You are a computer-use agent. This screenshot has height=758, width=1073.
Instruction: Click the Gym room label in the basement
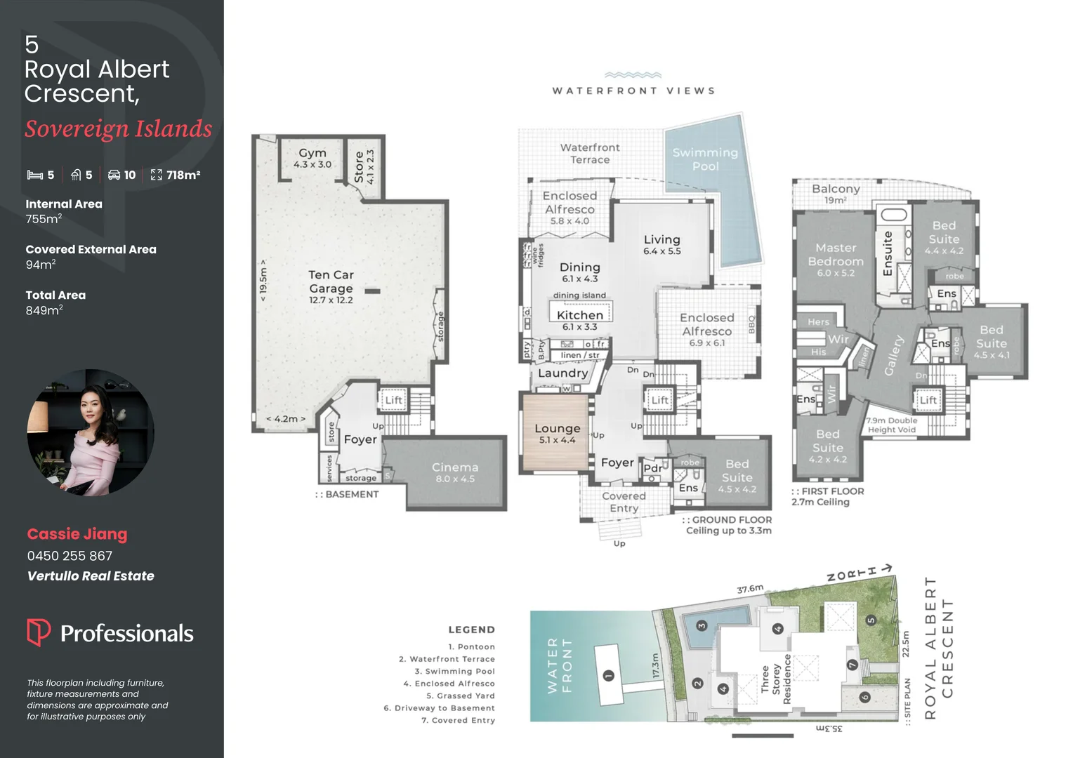coord(312,153)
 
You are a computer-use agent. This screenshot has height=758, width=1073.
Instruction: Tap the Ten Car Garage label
coord(331,281)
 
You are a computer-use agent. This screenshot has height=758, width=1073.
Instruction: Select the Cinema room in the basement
coord(455,472)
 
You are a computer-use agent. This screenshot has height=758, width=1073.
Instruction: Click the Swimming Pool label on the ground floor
coord(705,159)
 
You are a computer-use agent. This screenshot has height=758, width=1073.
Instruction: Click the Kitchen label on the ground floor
coord(580,315)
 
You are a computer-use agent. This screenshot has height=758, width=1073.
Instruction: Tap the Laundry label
coord(562,373)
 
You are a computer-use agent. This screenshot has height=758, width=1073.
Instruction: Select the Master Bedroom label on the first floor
coord(836,255)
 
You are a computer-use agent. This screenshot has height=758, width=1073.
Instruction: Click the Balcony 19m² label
coord(836,193)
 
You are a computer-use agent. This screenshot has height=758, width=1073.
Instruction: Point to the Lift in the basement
coord(393,400)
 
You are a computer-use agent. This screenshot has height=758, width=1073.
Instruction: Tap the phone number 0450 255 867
coord(70,556)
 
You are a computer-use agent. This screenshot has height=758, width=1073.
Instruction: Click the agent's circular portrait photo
coord(91,432)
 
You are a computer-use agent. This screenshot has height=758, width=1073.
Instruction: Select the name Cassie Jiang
coord(77,534)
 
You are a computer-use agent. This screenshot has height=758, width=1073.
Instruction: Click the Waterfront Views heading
coord(633,91)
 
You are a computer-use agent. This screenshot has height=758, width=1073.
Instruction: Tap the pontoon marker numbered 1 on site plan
coord(608,675)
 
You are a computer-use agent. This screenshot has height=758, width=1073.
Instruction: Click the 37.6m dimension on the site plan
coord(749,589)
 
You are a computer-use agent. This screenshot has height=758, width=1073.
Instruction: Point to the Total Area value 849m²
coord(44,310)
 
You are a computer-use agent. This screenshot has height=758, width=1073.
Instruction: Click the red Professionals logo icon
coord(38,632)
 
